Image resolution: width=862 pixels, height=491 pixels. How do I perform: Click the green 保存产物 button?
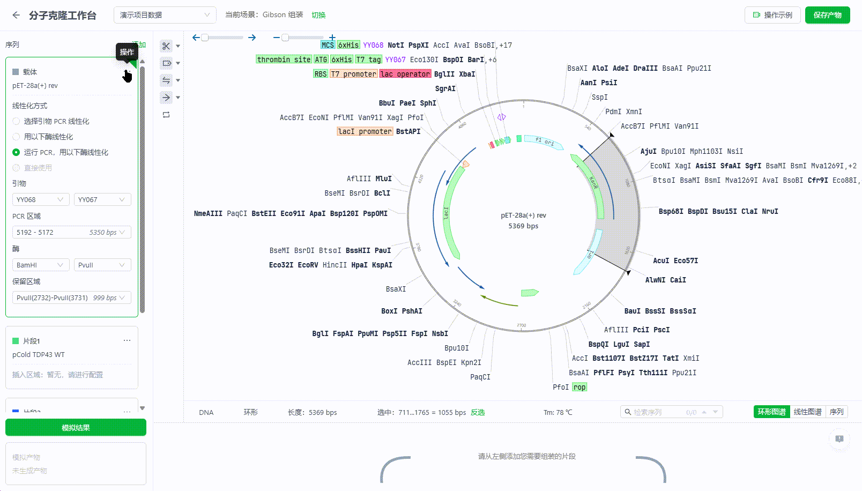click(x=827, y=15)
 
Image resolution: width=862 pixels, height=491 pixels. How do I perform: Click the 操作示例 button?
click(x=772, y=15)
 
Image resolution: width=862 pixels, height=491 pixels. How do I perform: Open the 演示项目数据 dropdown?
click(x=165, y=15)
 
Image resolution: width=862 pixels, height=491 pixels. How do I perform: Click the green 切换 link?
click(x=318, y=15)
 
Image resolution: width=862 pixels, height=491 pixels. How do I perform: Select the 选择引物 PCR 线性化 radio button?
click(x=16, y=121)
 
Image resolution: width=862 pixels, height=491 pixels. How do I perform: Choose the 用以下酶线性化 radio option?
click(x=16, y=137)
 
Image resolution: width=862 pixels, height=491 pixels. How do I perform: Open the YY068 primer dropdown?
click(x=40, y=199)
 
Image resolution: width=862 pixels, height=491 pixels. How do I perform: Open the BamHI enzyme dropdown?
click(x=40, y=265)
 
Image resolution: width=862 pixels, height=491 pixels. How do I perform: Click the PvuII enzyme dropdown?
click(x=102, y=265)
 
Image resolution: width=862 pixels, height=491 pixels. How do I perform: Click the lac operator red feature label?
click(x=405, y=74)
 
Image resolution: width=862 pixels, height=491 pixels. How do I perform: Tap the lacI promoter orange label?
click(x=365, y=131)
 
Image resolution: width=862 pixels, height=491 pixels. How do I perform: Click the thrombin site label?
click(x=284, y=59)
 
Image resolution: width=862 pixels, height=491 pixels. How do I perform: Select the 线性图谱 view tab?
click(x=807, y=412)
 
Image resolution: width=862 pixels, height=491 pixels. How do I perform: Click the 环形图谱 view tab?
click(x=771, y=412)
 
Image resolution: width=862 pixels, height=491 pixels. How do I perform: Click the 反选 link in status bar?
click(x=478, y=412)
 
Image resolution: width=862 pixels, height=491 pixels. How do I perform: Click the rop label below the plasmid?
click(x=579, y=387)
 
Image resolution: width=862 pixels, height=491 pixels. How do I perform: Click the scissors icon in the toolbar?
click(x=166, y=46)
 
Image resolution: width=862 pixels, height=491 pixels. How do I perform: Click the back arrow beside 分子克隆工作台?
click(x=16, y=15)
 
